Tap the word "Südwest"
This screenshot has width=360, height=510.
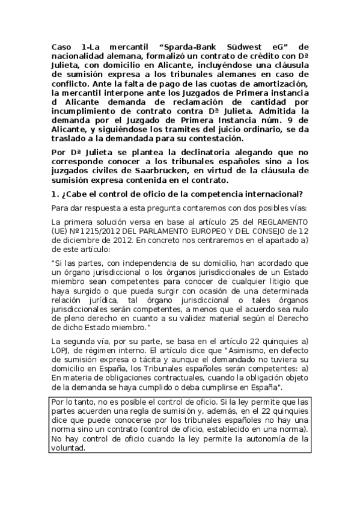245,46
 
